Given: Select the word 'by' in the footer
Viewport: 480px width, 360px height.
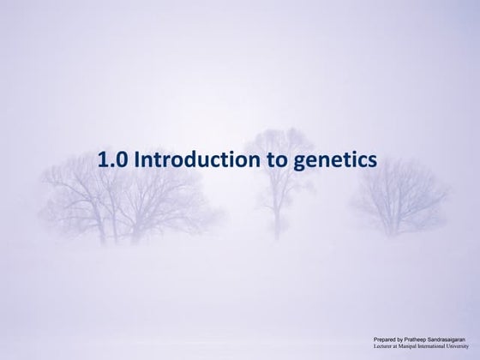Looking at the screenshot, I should [x=403, y=341].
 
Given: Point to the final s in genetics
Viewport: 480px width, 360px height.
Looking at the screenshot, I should [x=372, y=160].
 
